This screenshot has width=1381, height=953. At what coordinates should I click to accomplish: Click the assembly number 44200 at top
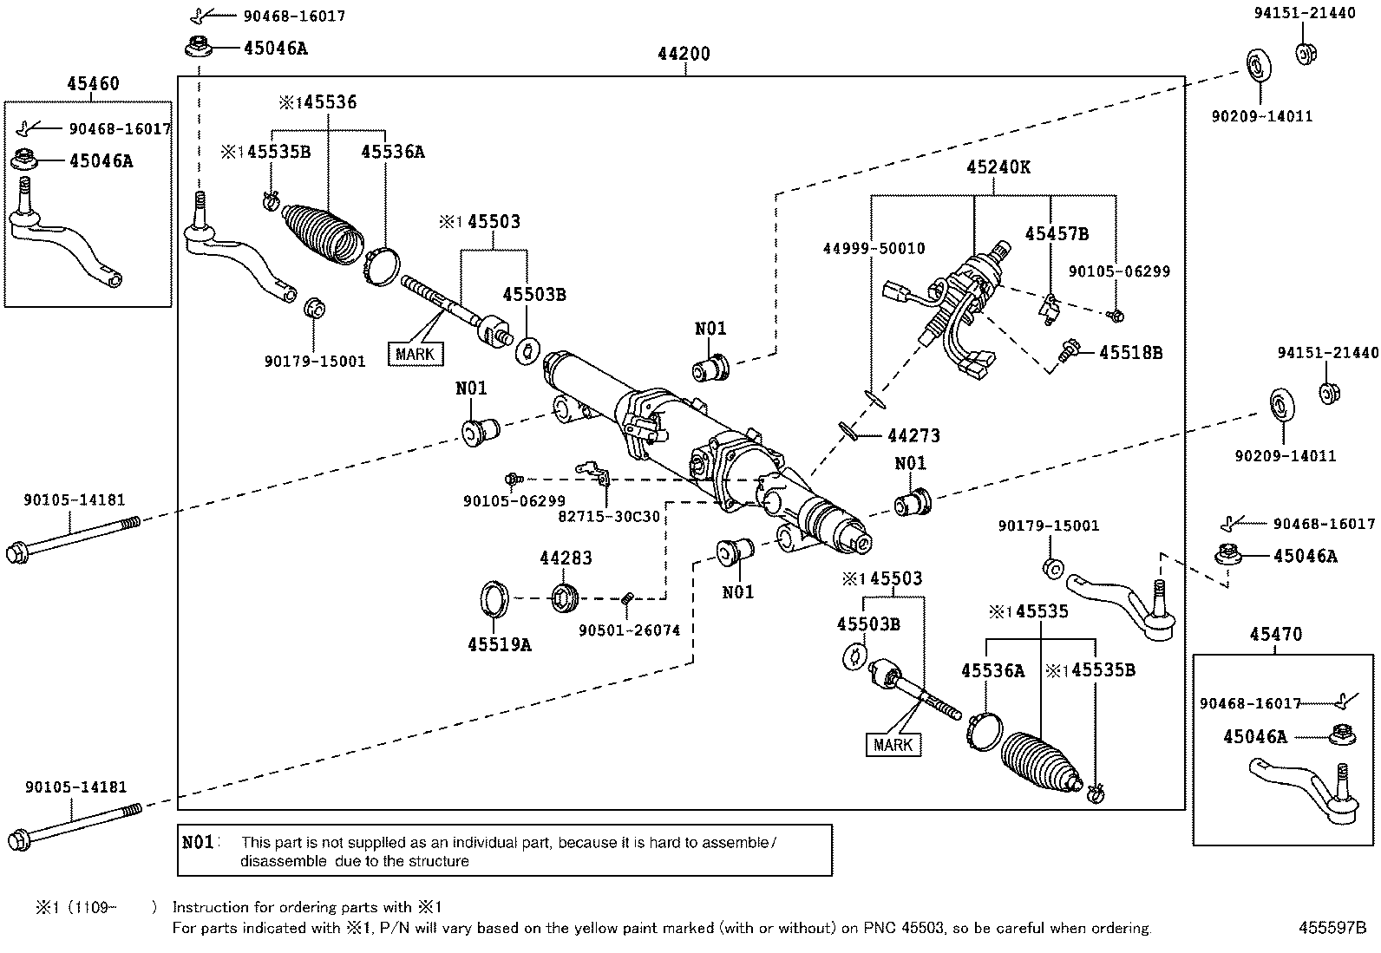[684, 54]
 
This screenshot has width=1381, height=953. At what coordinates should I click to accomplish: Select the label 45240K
[998, 167]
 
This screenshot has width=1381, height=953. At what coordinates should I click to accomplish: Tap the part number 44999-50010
[874, 249]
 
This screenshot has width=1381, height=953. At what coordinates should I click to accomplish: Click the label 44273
[913, 436]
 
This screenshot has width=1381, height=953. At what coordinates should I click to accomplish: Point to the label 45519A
[499, 644]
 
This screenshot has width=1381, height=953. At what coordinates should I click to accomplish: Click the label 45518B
[1130, 353]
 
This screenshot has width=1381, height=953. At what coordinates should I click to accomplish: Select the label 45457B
[1056, 233]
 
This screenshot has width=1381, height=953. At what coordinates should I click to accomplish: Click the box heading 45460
[93, 84]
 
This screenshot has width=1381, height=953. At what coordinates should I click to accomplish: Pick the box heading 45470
[1275, 635]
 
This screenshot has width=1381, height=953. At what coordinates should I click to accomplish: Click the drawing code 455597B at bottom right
[1332, 928]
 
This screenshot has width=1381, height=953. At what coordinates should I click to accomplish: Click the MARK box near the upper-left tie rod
[415, 354]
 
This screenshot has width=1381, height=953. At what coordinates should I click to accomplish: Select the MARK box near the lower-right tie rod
[893, 745]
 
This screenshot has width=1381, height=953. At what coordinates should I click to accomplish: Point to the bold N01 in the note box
[199, 842]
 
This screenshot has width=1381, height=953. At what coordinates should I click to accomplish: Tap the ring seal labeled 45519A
[495, 598]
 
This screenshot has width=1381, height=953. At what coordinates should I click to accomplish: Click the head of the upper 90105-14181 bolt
[16, 552]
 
